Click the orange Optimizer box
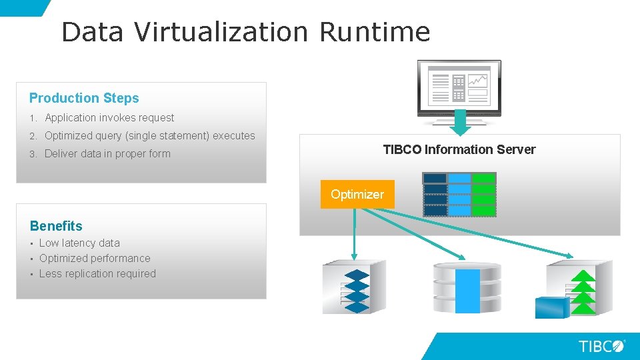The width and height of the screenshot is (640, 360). tap(357, 195)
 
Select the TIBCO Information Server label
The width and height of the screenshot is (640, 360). tap(459, 150)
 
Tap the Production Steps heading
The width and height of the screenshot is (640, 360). tap(84, 98)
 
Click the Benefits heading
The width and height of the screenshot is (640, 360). tap(56, 226)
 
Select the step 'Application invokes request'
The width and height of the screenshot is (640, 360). tap(109, 118)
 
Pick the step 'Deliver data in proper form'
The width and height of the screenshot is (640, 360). tap(107, 154)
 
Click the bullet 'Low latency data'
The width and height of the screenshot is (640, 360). tap(79, 243)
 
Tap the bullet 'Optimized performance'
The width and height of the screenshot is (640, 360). tap(95, 259)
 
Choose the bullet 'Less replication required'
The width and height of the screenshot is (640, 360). tap(97, 274)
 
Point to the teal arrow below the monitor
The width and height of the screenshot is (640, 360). tap(459, 123)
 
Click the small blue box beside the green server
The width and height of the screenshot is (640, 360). tap(553, 306)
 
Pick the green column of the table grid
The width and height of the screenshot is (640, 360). tap(484, 195)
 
